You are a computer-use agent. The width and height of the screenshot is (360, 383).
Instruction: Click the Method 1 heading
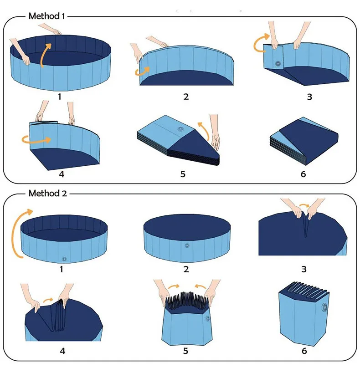[x=47, y=16]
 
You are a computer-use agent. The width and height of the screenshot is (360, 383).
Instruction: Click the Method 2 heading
[x=47, y=193]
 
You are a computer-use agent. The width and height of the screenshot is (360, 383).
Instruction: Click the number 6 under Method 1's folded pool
[x=303, y=174]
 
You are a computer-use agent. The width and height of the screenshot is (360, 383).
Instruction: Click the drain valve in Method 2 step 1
[x=64, y=259]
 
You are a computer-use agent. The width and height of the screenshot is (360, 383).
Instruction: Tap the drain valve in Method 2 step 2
[x=186, y=245]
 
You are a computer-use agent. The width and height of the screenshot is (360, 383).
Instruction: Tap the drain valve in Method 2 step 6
[x=325, y=306]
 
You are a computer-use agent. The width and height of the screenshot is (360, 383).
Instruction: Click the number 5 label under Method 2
[x=185, y=351]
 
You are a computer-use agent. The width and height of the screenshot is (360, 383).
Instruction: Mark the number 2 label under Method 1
[x=186, y=97]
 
